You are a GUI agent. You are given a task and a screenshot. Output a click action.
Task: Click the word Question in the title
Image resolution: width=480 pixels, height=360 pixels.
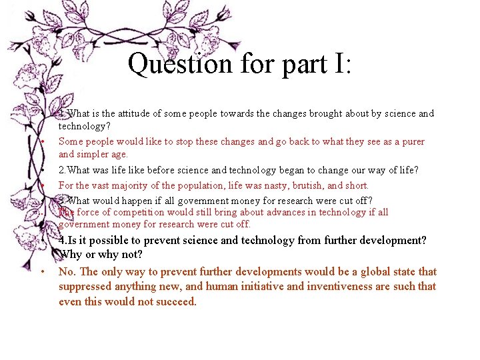[170, 65]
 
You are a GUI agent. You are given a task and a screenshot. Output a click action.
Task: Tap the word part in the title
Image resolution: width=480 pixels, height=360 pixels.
[289, 65]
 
